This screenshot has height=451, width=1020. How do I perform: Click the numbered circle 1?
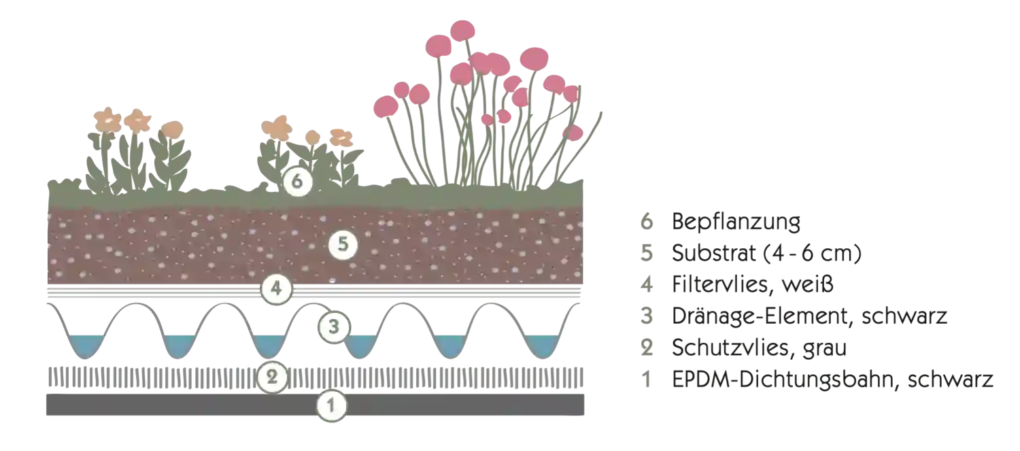331,407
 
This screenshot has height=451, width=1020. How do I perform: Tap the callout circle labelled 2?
272,377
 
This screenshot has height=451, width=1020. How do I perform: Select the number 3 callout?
333,327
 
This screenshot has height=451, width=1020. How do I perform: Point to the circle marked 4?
275,288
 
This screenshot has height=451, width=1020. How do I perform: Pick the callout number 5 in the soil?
343,246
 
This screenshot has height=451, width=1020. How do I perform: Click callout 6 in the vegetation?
297,182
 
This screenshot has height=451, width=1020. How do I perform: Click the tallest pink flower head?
462,29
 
